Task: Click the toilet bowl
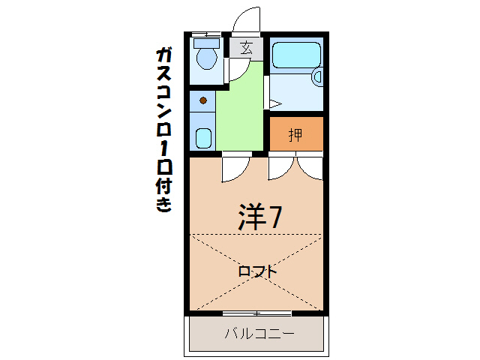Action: click(x=204, y=57)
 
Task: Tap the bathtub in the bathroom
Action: click(x=295, y=54)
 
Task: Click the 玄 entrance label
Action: click(x=246, y=49)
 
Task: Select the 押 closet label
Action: click(x=295, y=135)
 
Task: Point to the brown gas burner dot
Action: click(x=202, y=100)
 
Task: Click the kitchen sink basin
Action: click(x=202, y=137)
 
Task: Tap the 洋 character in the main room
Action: click(x=252, y=217)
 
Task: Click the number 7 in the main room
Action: click(x=276, y=217)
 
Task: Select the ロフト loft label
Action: click(x=256, y=271)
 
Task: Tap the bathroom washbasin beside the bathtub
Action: click(x=316, y=75)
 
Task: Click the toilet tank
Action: click(x=204, y=41)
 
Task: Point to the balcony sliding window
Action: click(x=256, y=312)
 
